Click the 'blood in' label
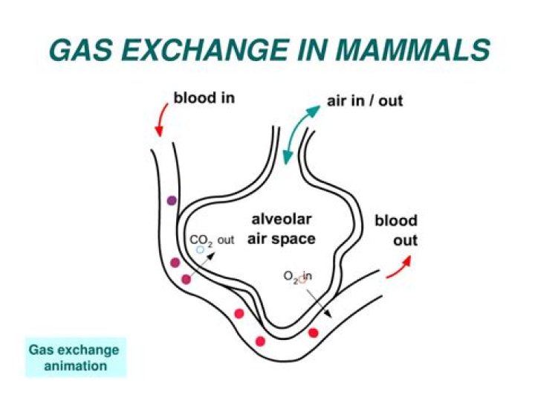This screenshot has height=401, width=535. click(204, 97)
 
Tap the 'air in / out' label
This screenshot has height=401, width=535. click(364, 100)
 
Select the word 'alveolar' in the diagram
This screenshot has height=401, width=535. click(281, 219)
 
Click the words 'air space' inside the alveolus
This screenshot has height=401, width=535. click(282, 239)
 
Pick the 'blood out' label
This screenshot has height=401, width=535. click(395, 231)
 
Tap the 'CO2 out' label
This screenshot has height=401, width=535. click(212, 240)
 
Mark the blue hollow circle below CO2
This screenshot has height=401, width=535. click(201, 251)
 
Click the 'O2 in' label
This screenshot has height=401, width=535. click(297, 277)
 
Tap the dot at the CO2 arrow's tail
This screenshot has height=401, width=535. click(185, 279)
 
